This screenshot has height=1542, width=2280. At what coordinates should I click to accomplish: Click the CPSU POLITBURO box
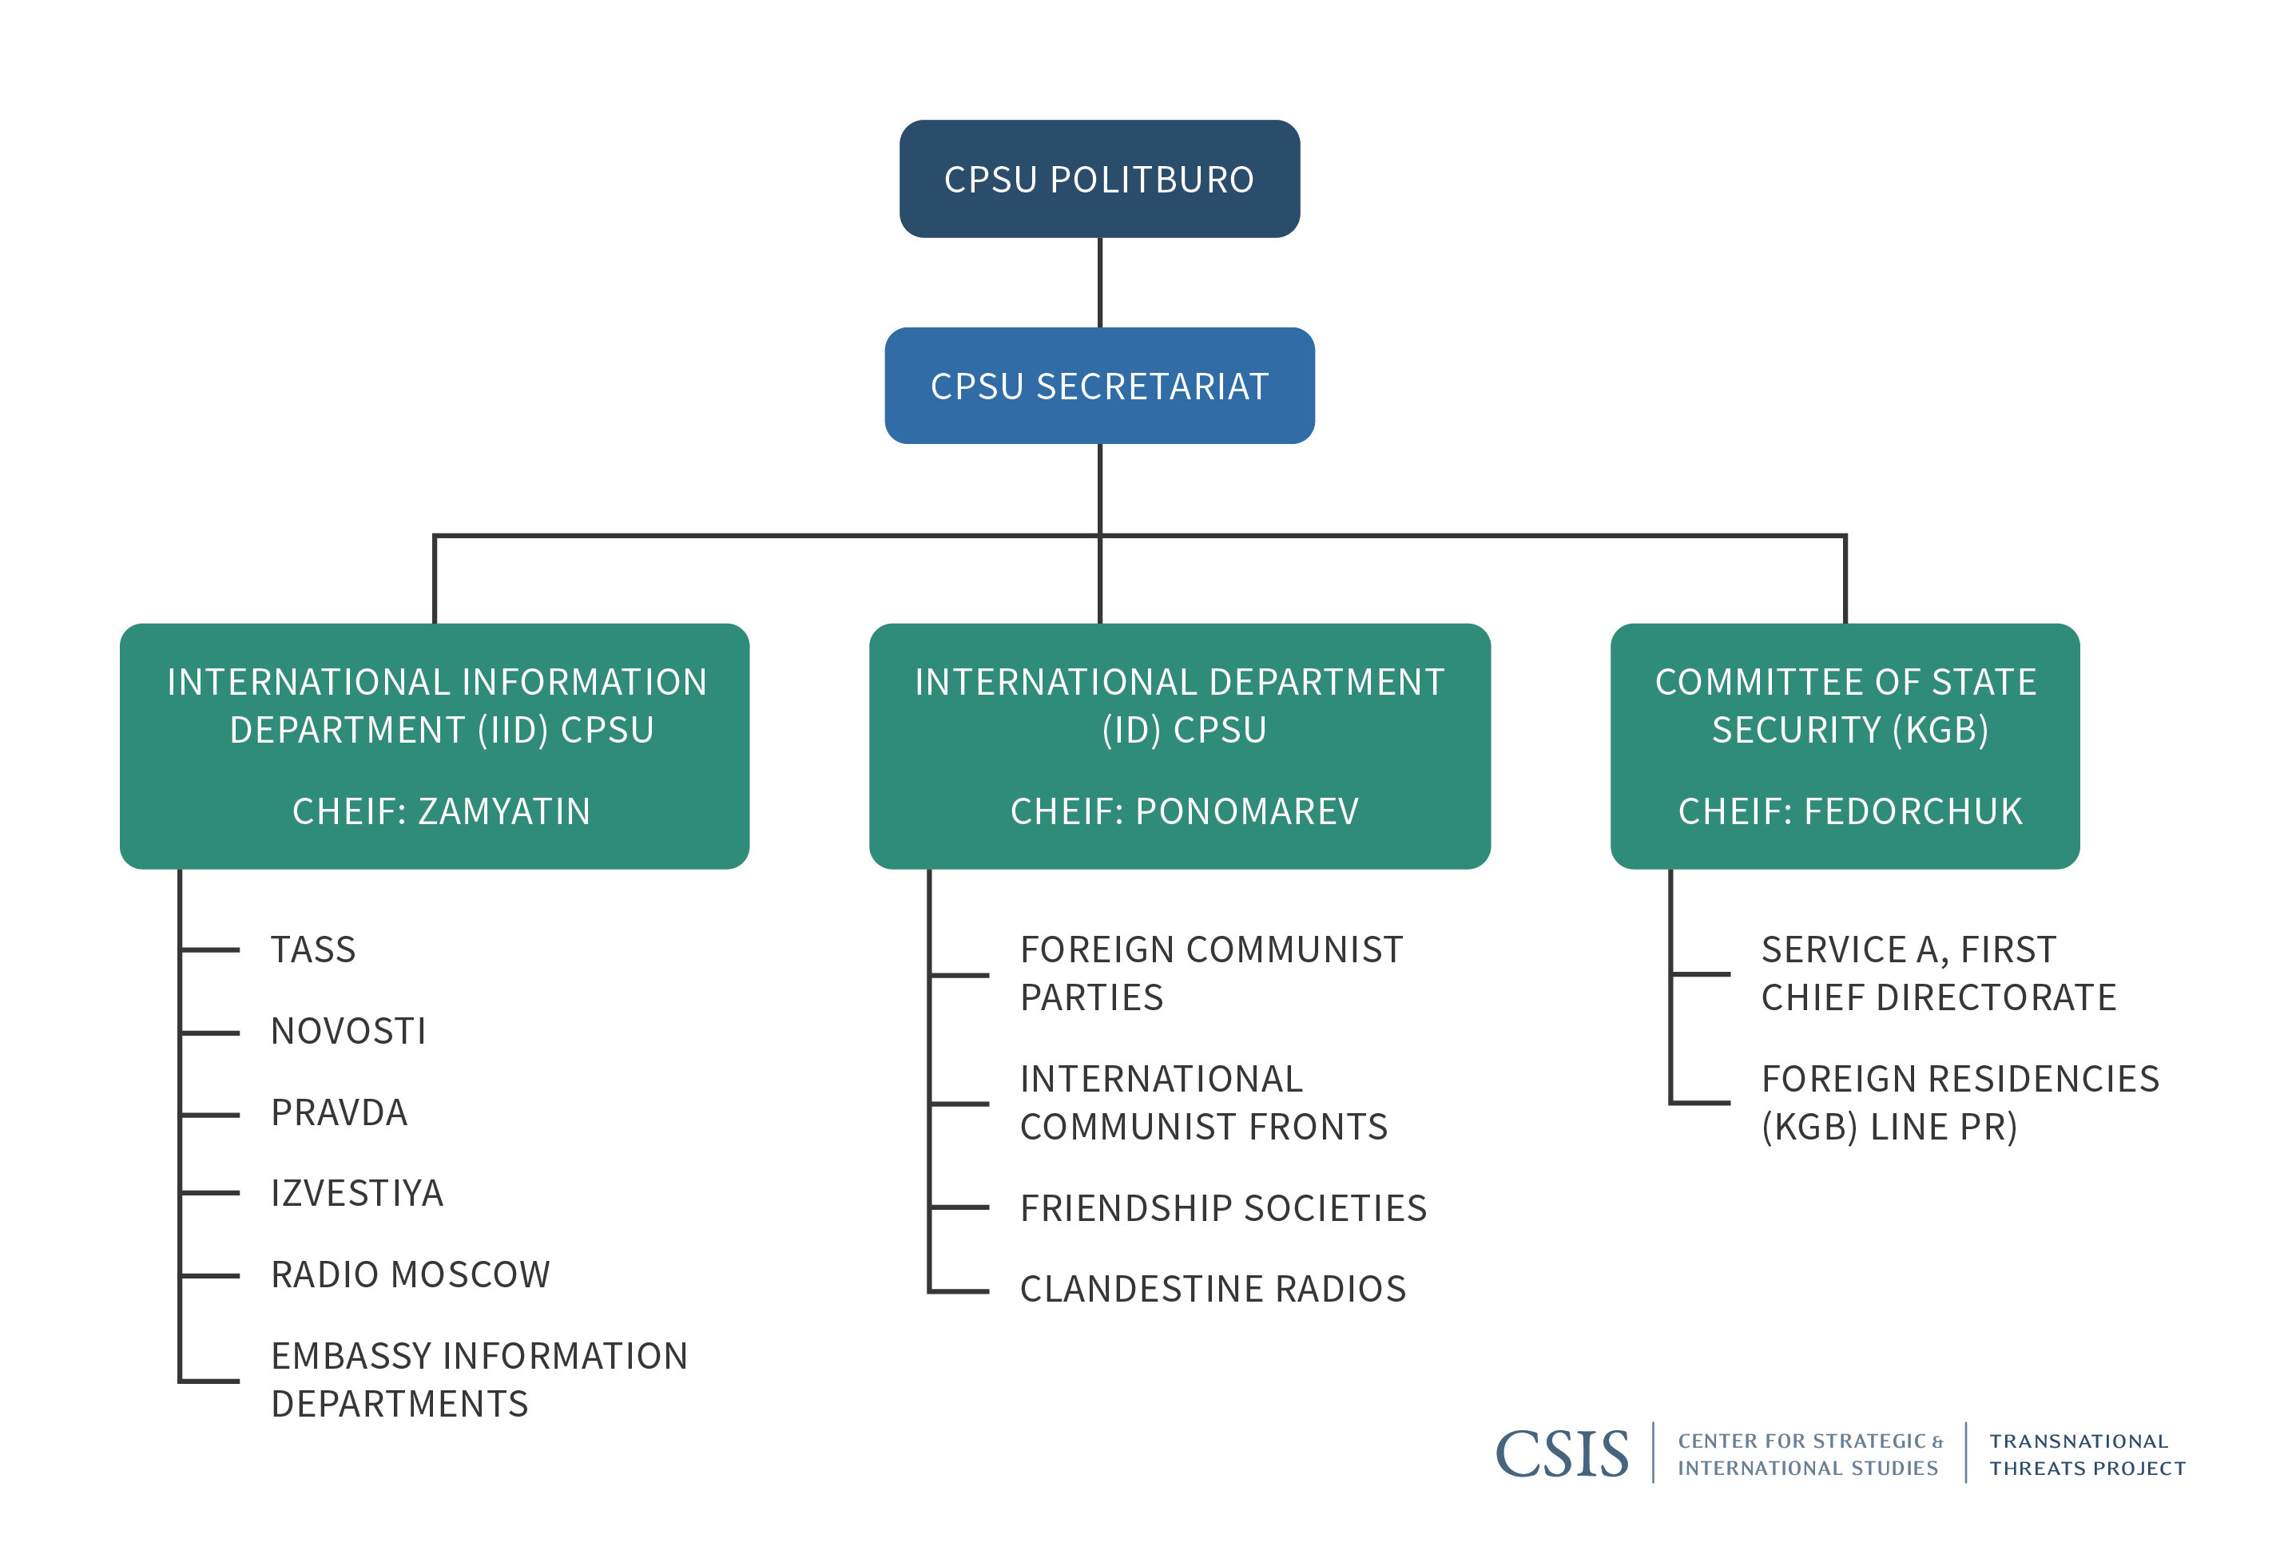(x=1098, y=179)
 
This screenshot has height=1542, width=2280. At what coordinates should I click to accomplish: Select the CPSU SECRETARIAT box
(x=1098, y=386)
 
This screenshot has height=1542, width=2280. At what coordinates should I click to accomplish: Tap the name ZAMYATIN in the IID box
(x=503, y=811)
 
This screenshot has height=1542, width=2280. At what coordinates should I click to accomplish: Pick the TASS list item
(x=313, y=949)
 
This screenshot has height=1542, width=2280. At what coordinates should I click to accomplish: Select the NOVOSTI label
(x=348, y=1031)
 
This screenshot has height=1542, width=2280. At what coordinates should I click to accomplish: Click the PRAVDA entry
(x=339, y=1112)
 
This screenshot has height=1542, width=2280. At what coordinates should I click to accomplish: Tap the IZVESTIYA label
(x=357, y=1194)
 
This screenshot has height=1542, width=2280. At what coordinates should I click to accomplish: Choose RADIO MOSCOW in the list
(x=410, y=1275)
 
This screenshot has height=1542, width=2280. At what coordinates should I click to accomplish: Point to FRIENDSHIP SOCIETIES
(x=1222, y=1208)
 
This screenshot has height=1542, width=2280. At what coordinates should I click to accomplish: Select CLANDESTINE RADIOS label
(x=1213, y=1289)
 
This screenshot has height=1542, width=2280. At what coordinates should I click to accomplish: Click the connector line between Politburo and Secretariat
(x=1100, y=283)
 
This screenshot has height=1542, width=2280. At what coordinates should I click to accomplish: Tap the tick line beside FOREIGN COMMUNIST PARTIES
(x=959, y=975)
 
